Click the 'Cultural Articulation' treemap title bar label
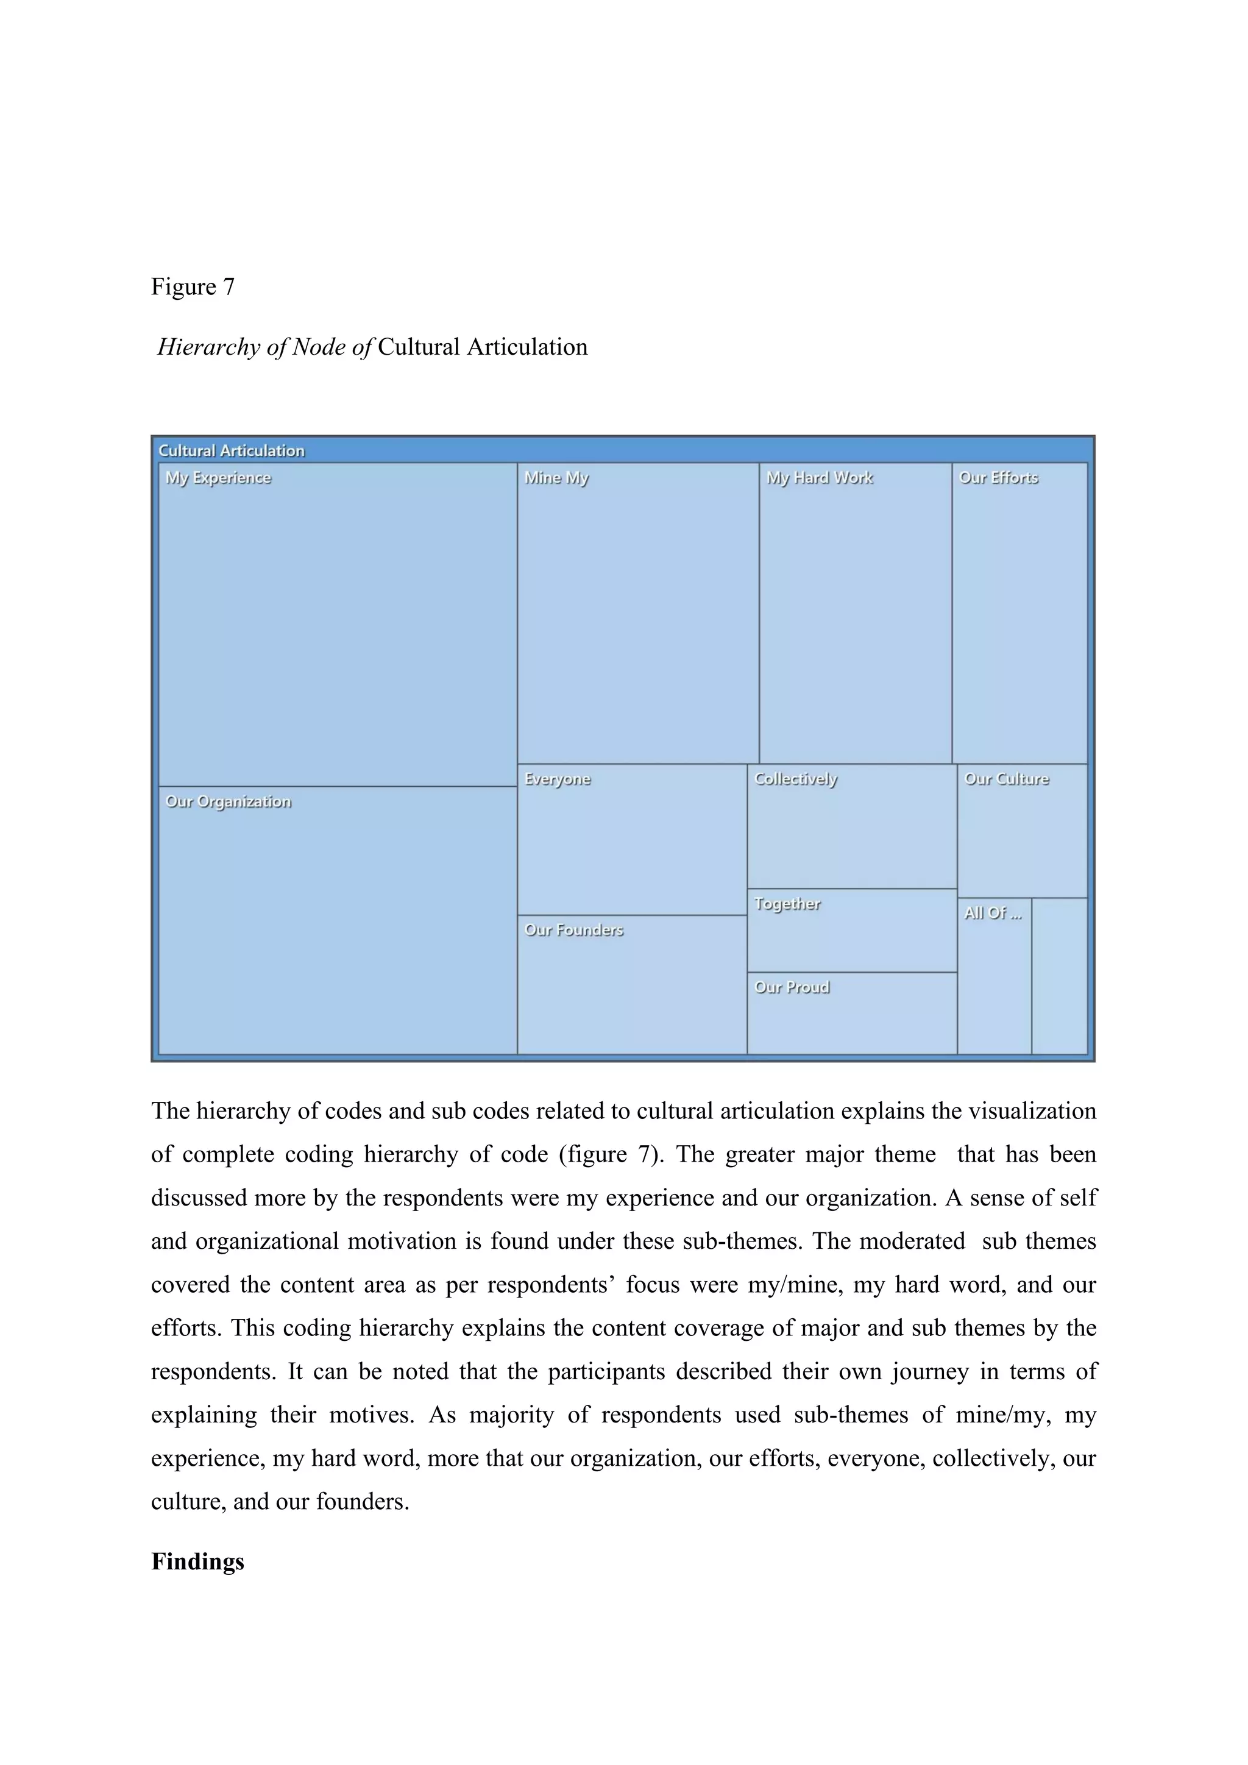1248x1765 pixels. (x=232, y=450)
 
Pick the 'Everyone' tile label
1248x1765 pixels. (x=557, y=779)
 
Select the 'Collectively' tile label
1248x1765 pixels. (x=795, y=779)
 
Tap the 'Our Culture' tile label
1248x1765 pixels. (x=1007, y=779)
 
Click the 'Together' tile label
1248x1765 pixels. (x=787, y=904)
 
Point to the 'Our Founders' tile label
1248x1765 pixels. (x=573, y=930)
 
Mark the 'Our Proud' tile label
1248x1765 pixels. (x=792, y=987)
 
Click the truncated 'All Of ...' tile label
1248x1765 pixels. (x=993, y=913)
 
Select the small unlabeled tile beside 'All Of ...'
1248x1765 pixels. (x=1059, y=976)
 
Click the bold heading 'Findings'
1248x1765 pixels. (x=197, y=1561)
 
